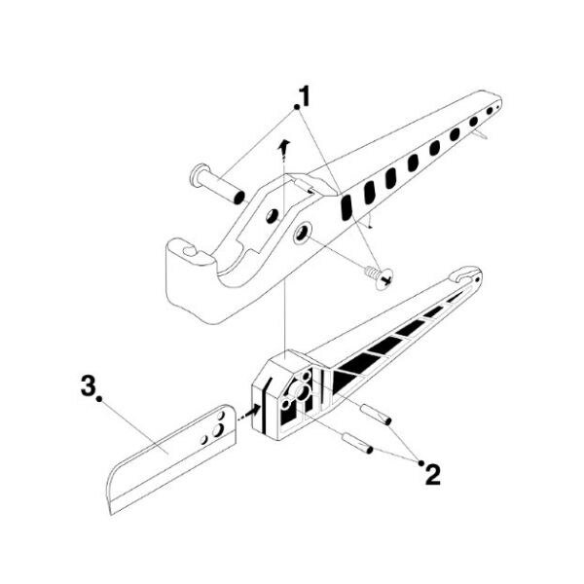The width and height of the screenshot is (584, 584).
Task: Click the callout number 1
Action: pos(305,95)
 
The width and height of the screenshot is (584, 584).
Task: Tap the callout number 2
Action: pos(432,475)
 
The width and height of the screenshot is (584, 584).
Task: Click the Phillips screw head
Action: pos(385,278)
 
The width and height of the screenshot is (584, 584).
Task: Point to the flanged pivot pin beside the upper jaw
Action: pos(217,184)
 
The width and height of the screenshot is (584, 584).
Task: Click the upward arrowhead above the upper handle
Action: pos(284,145)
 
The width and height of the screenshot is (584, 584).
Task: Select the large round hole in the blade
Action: pos(217,430)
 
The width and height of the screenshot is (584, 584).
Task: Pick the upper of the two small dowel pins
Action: pos(376,414)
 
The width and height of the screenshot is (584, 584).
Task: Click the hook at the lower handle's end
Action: pos(466,274)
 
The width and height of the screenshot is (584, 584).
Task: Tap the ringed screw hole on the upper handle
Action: pos(303,234)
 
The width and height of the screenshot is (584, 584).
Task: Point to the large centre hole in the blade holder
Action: pos(300,391)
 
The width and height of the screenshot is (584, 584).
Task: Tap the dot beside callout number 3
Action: pos(99,399)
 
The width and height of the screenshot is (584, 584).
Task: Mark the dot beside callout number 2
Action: pos(421,463)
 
